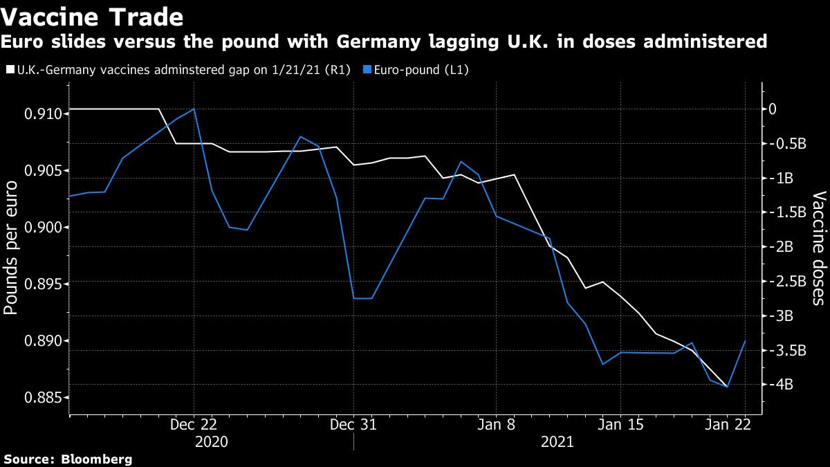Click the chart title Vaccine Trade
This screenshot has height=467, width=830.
[93, 16]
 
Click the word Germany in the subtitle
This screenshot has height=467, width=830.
[380, 42]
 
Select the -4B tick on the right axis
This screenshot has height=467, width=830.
[782, 385]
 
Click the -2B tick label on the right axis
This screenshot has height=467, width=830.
[782, 247]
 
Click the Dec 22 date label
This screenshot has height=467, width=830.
[194, 425]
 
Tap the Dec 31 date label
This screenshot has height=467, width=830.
[353, 425]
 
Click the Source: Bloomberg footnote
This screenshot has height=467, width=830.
[68, 459]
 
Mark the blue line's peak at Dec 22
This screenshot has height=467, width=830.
[194, 109]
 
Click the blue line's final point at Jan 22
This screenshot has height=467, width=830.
[745, 340]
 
